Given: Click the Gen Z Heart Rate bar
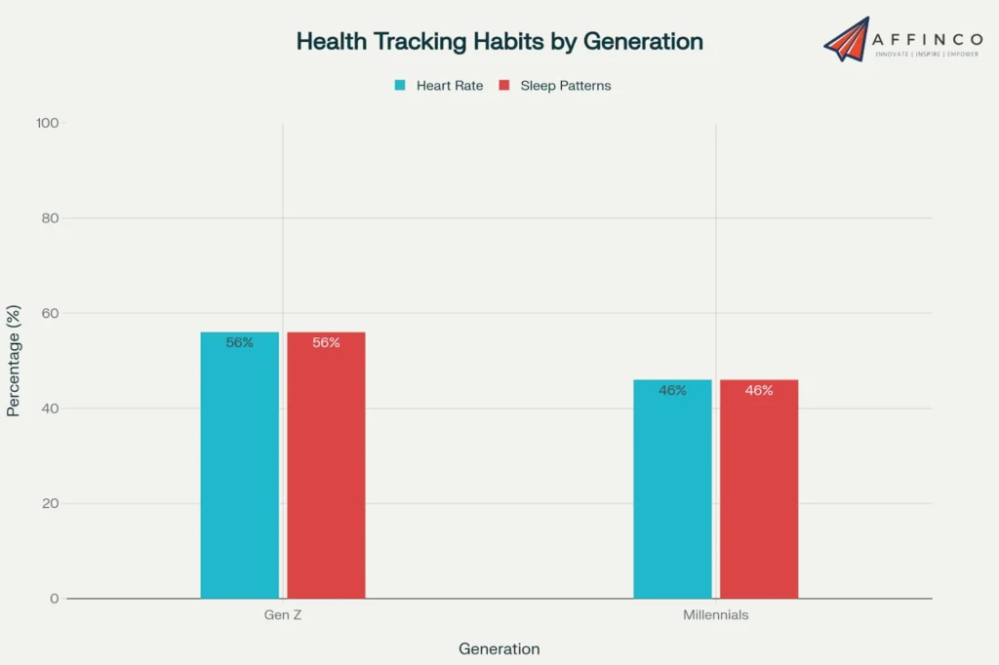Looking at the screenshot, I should click(x=239, y=468).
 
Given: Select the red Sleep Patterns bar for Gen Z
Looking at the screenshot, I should click(x=326, y=468).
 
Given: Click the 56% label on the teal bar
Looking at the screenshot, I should click(x=239, y=343).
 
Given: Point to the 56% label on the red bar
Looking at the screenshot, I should click(x=326, y=343).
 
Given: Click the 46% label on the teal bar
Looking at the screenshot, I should click(x=672, y=391).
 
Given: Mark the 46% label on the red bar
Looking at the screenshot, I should click(x=759, y=391).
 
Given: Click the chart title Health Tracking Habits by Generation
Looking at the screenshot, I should click(x=499, y=42).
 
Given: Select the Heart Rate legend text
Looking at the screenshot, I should click(x=449, y=86).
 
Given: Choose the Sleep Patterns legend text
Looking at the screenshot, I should click(x=565, y=86).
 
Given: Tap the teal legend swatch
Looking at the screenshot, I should click(x=400, y=86).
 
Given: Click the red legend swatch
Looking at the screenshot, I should click(x=504, y=86).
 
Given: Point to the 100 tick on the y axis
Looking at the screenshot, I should click(x=48, y=124).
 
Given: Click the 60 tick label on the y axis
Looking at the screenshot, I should click(x=50, y=314).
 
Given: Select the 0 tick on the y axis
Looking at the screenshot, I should click(x=55, y=599).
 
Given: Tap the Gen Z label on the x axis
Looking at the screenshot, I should click(x=283, y=616).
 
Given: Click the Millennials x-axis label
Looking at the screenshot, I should click(x=715, y=616).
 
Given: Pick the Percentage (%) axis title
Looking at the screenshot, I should click(x=14, y=361).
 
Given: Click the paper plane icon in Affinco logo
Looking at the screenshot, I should click(x=846, y=39).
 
